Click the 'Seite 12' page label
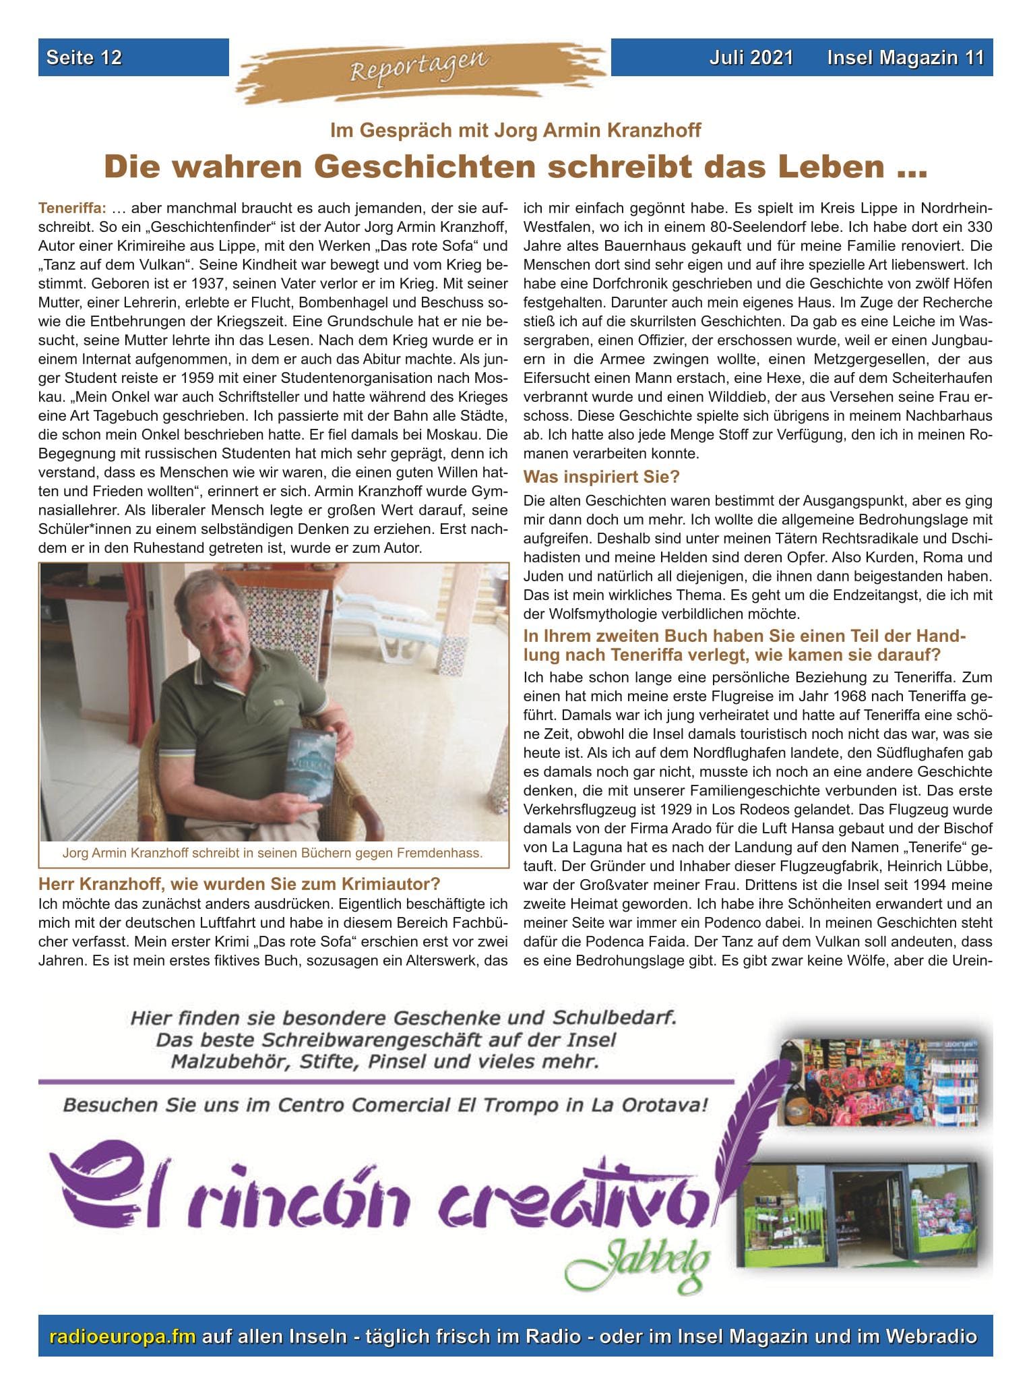[84, 58]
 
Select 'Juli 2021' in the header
[751, 58]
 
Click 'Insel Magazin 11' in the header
[906, 58]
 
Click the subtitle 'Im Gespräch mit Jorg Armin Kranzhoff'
[515, 130]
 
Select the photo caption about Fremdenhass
[273, 853]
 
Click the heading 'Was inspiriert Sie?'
[602, 477]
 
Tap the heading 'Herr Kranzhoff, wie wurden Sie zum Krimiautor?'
[239, 883]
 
